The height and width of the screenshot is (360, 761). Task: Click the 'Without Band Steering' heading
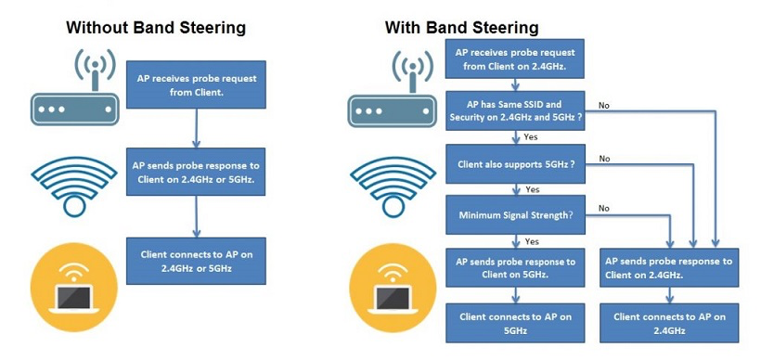156,27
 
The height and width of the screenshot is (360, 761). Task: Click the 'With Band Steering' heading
461,27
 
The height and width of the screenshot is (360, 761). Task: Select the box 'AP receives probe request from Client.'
196,84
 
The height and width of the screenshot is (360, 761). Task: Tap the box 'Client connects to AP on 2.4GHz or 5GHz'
196,261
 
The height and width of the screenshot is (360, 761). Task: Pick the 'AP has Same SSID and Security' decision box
515,110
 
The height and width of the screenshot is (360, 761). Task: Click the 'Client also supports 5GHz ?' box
515,164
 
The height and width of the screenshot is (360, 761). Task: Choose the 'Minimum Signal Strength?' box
515,214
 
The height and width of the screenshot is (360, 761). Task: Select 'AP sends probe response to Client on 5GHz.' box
515,268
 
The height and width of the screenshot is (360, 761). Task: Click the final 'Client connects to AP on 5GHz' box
515,323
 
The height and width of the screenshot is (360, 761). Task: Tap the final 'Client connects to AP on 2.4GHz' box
670,323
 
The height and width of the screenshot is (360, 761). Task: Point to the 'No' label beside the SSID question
604,105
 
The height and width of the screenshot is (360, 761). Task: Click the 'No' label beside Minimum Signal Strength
604,209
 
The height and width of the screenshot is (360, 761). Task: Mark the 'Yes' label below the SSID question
531,137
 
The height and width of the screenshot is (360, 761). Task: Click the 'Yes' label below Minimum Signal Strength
532,241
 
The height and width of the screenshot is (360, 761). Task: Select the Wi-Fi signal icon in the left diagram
74,186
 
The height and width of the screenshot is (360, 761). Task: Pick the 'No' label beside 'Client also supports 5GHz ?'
604,159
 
